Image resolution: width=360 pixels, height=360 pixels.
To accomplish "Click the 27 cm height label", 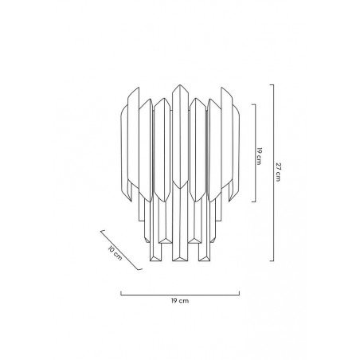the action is [x=278, y=172].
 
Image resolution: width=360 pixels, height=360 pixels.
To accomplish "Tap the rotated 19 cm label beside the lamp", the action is [x=259, y=156].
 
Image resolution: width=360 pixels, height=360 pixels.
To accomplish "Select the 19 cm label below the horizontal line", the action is [x=180, y=301].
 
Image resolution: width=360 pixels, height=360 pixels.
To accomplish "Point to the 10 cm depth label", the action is [x=115, y=253].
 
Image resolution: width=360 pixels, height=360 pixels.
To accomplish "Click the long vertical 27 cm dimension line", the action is [x=273, y=173].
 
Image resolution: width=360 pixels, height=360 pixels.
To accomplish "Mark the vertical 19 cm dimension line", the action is [x=256, y=153].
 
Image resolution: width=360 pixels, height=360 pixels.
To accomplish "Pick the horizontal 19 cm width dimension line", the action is [x=180, y=295].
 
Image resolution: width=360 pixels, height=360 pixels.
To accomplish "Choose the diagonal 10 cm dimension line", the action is [x=121, y=250].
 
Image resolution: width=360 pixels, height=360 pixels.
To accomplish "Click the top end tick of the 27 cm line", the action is [x=272, y=84].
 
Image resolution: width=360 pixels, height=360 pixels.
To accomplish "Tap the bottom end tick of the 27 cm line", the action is [x=272, y=261].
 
